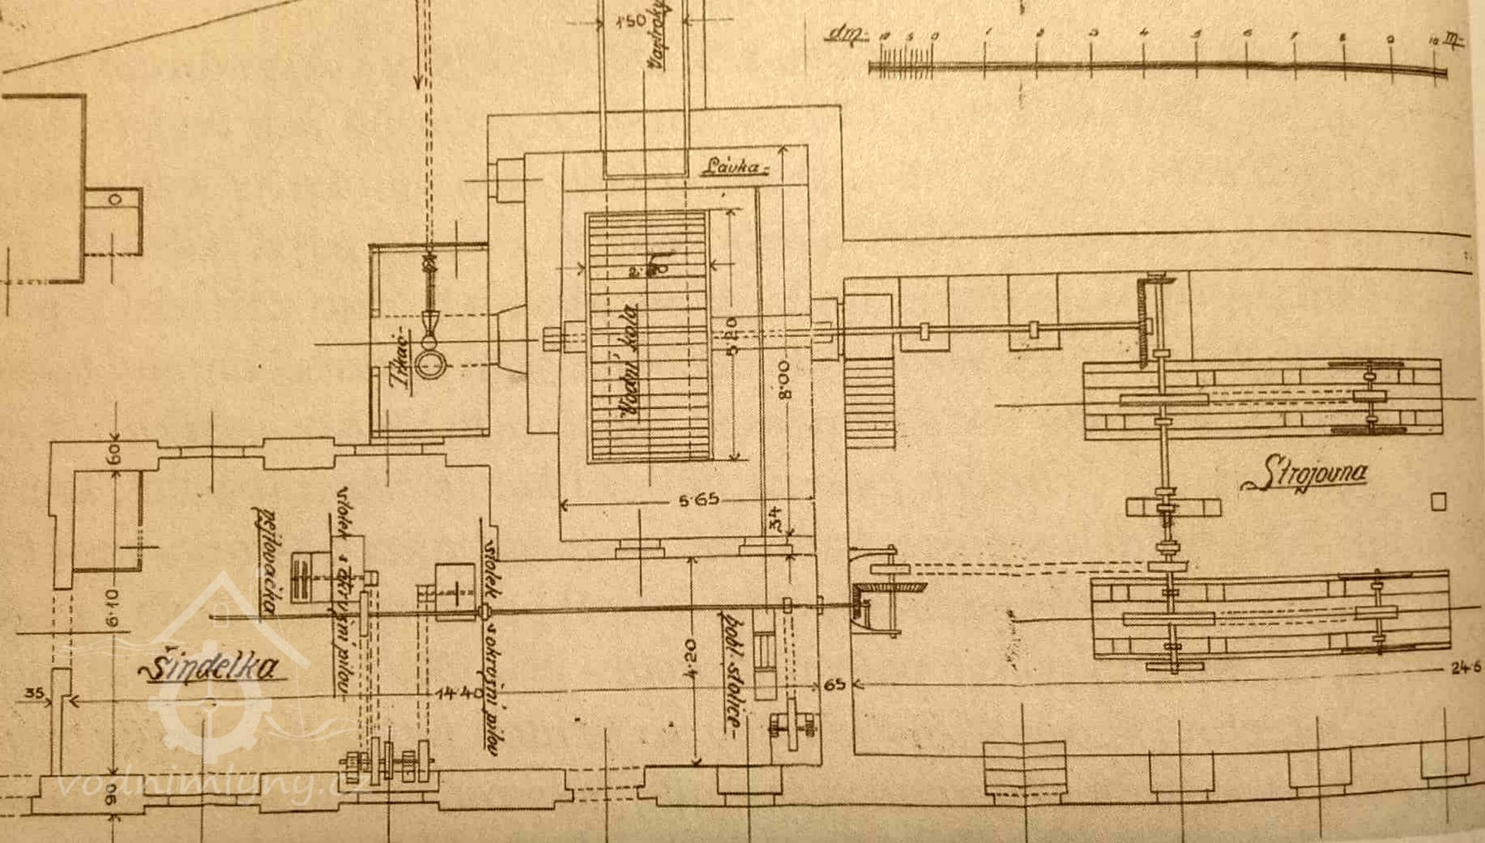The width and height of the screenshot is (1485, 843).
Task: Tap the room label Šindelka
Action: click(x=213, y=668)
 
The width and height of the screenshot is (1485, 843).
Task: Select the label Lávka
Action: click(x=732, y=168)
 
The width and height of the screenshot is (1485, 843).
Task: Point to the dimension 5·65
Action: click(x=698, y=500)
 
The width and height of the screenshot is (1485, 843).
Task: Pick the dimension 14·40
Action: click(x=459, y=692)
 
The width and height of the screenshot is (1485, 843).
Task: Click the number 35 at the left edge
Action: click(x=34, y=693)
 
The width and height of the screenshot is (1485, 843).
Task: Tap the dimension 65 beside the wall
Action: click(x=834, y=684)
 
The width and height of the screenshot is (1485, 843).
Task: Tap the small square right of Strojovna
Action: click(x=1438, y=502)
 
